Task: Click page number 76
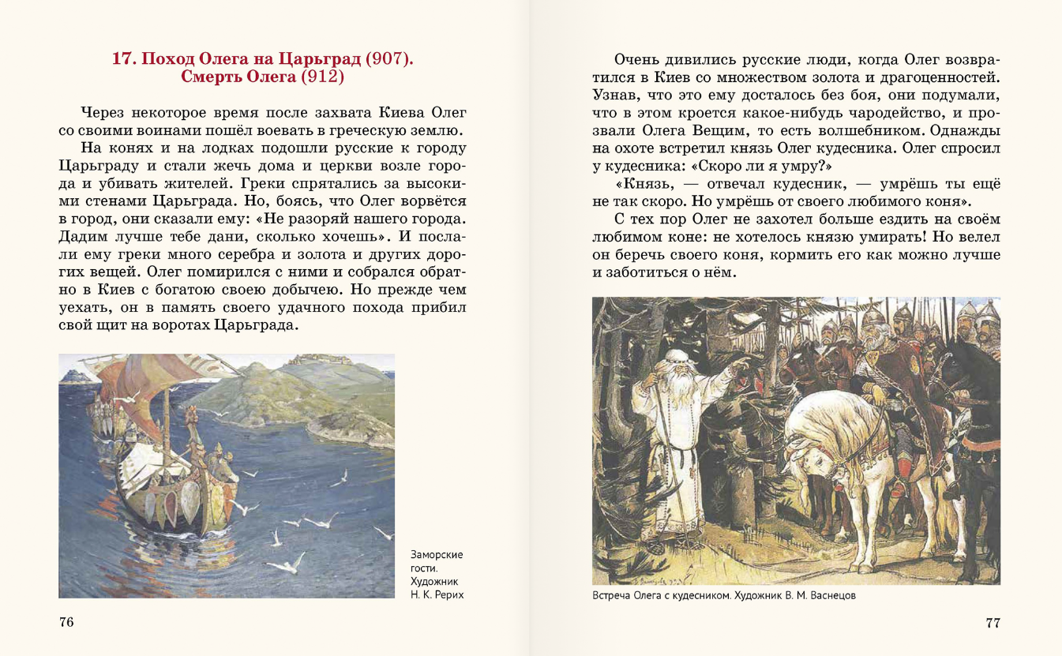66,622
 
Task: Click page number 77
993,622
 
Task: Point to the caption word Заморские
437,554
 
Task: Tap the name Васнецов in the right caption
828,596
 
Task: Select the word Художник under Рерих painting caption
435,581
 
